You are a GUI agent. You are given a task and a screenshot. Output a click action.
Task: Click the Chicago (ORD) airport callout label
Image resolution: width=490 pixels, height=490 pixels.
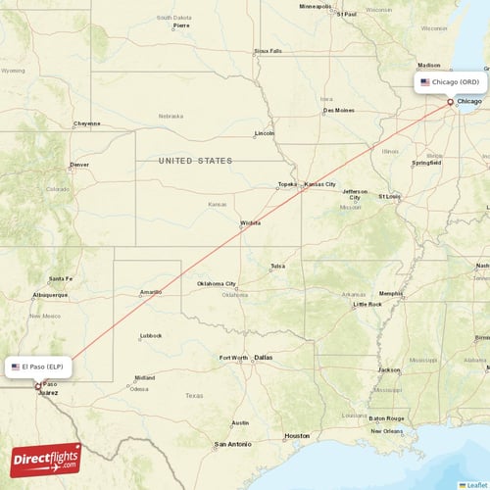click(450, 82)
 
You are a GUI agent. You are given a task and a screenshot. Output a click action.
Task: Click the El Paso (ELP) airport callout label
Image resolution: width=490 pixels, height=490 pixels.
click(40, 367)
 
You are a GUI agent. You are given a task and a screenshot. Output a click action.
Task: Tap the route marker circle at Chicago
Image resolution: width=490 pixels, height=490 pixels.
click(451, 101)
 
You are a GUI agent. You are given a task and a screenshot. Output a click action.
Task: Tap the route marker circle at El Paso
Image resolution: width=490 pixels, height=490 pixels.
click(38, 386)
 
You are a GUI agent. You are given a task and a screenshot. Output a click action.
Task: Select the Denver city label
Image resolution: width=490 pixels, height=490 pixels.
click(78, 165)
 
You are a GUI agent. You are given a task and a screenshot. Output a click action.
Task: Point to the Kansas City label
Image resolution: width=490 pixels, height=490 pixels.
click(319, 184)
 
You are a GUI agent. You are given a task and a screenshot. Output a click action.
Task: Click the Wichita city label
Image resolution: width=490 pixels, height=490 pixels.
click(251, 223)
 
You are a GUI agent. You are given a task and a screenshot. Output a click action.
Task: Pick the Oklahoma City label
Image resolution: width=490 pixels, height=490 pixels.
click(217, 284)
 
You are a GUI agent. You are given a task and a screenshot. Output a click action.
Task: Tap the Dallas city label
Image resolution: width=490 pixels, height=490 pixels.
click(263, 358)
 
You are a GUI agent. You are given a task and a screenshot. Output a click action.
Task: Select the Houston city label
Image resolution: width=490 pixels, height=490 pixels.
click(297, 435)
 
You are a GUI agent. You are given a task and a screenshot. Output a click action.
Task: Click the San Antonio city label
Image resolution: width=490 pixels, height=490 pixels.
click(233, 444)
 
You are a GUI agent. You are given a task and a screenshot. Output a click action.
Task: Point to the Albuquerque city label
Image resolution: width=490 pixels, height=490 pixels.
click(49, 294)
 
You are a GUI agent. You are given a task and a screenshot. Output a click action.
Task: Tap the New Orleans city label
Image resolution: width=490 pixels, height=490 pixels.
click(386, 431)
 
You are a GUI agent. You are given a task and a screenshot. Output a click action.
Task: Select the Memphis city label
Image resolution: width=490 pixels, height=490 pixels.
click(391, 293)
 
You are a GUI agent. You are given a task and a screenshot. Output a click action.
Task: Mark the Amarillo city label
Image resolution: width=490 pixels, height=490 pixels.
click(151, 292)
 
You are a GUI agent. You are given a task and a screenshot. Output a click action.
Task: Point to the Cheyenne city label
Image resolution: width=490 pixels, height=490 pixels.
click(86, 123)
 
